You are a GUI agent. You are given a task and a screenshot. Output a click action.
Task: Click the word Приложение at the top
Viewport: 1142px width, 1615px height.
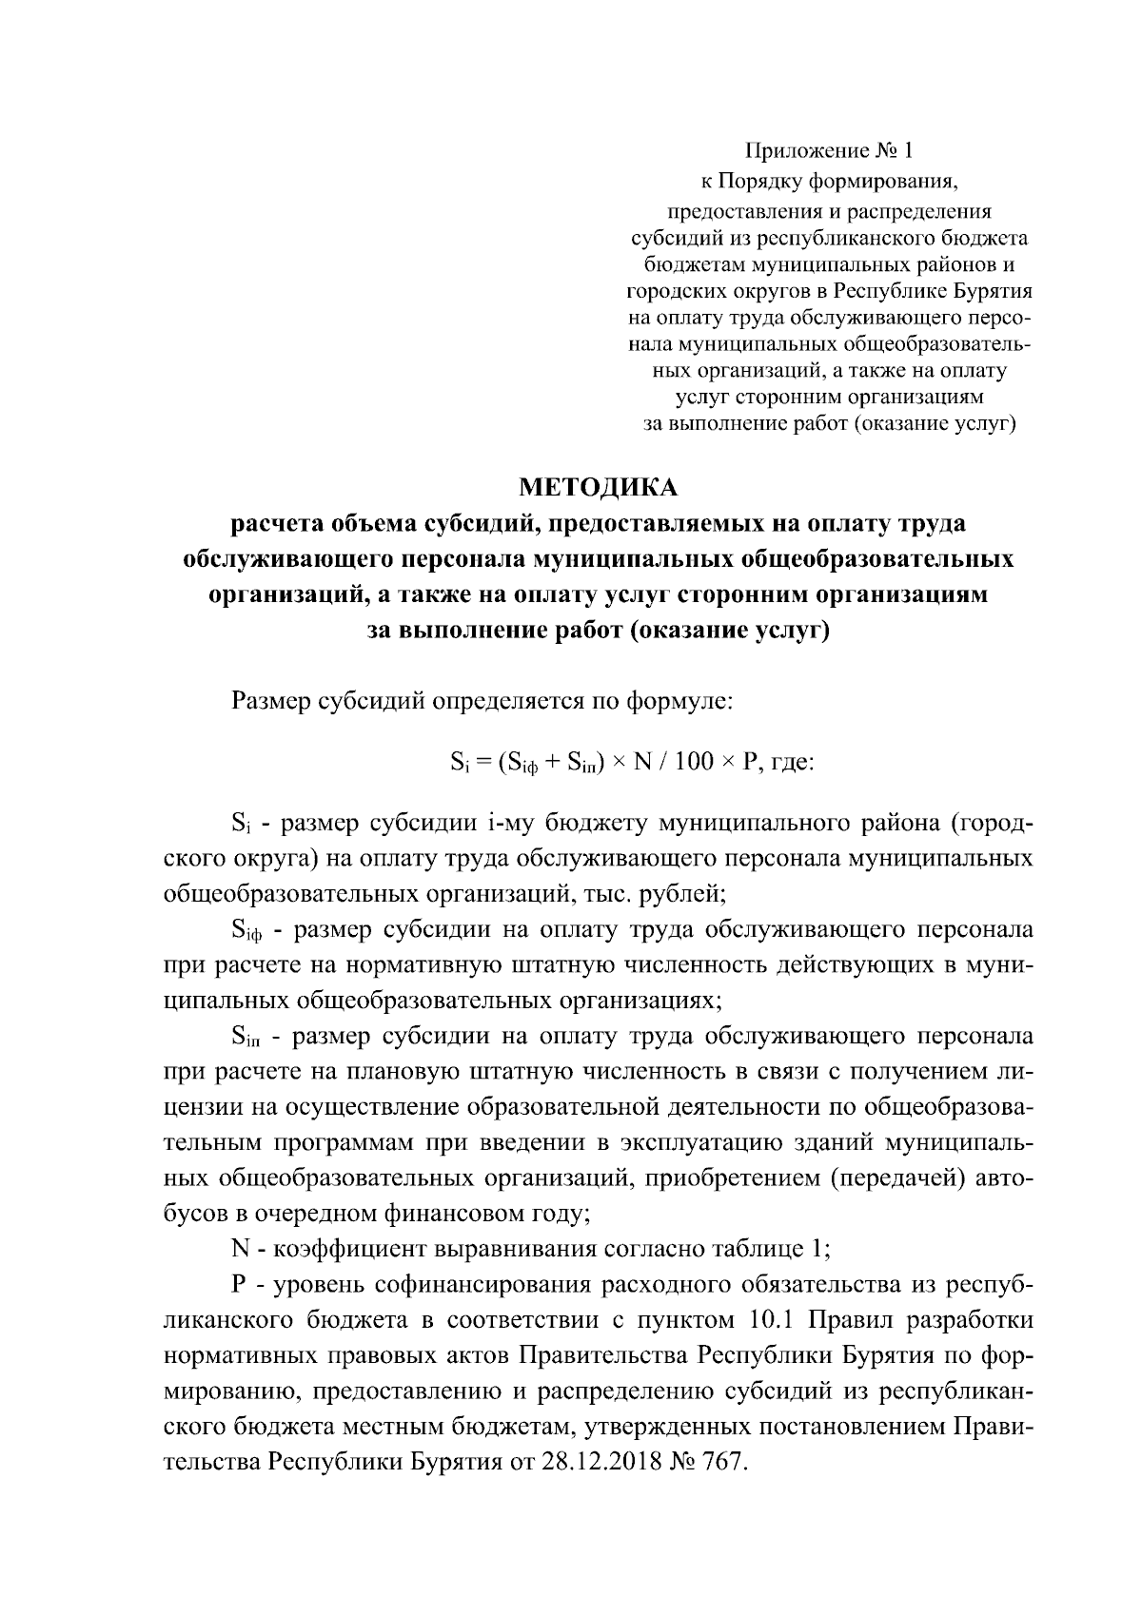[805, 150]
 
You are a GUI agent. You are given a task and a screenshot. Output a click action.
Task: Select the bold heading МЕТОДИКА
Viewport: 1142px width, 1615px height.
[598, 488]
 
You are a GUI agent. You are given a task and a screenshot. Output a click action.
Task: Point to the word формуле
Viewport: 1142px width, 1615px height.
[679, 704]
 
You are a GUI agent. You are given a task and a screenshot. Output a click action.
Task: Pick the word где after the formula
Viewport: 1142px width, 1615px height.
[791, 764]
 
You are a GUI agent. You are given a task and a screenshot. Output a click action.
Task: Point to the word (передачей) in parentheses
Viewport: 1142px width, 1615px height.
[898, 1178]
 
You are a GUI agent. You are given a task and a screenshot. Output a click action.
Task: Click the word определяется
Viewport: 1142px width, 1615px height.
[510, 704]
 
